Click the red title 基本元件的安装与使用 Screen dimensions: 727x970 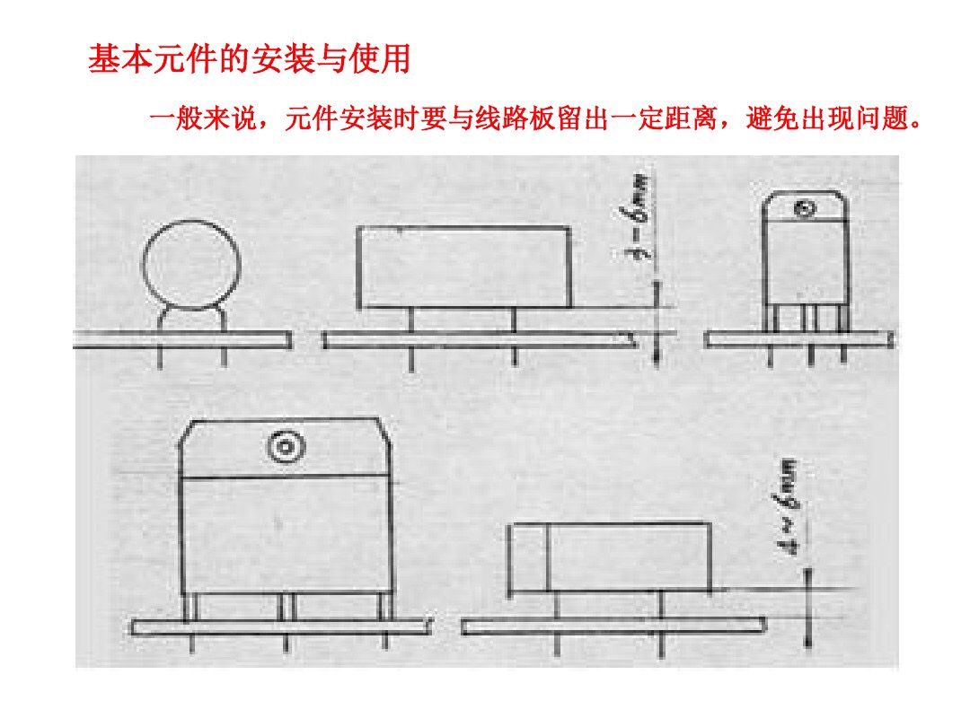(x=249, y=60)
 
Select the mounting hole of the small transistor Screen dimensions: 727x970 (x=805, y=210)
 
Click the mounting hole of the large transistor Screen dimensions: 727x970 (x=287, y=446)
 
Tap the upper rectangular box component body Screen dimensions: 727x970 (x=463, y=267)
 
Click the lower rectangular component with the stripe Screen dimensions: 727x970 (x=611, y=557)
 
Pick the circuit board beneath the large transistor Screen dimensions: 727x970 (x=279, y=626)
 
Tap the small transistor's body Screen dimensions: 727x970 (x=805, y=260)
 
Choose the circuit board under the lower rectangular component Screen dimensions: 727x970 (x=613, y=626)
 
